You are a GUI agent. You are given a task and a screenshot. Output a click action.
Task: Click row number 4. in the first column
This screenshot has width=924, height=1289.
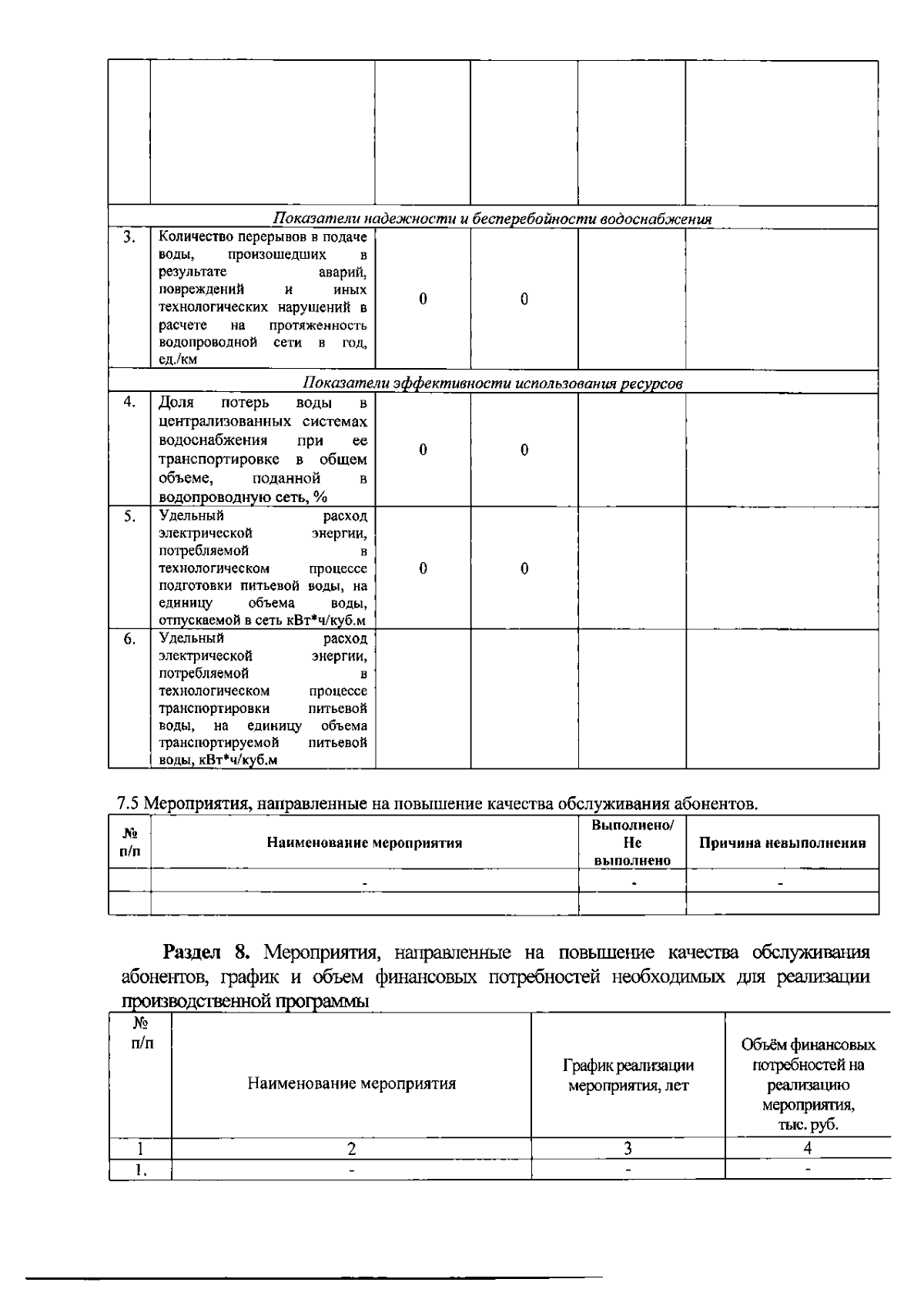click(129, 401)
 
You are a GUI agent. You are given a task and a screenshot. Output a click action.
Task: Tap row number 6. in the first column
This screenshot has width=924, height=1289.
click(129, 639)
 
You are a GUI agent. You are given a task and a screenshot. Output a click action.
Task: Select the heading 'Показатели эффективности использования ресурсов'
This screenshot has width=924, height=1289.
click(493, 383)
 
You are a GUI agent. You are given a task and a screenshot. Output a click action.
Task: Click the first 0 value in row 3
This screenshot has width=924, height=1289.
click(423, 300)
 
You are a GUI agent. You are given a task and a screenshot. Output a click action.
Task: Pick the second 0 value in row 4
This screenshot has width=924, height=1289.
click(524, 450)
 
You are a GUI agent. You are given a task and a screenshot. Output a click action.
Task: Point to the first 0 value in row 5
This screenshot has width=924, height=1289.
click(423, 568)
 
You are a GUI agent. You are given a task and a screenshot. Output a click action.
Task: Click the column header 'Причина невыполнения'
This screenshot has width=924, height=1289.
click(782, 842)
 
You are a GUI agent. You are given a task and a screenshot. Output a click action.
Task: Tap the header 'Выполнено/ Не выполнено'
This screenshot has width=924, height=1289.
click(632, 842)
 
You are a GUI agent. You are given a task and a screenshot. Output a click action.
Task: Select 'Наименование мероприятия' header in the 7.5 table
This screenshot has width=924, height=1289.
click(364, 842)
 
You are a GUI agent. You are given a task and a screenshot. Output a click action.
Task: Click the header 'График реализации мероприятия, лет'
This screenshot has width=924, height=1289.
click(628, 1076)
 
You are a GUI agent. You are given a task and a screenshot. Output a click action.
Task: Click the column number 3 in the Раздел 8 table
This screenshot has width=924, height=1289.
click(628, 1148)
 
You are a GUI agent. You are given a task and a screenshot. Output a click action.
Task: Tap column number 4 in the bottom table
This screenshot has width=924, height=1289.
click(808, 1148)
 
